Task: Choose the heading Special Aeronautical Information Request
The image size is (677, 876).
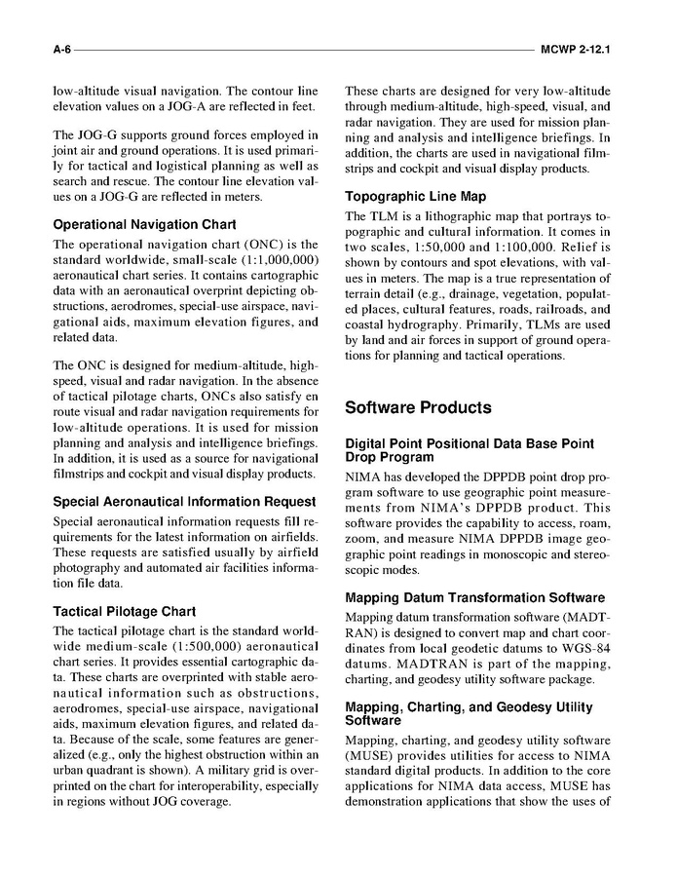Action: [184, 502]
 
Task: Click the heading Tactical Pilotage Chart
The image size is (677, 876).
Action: [124, 612]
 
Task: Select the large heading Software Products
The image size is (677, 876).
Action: [418, 407]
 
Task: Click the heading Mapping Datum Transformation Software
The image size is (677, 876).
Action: [474, 597]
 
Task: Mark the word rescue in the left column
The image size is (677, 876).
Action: [132, 181]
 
